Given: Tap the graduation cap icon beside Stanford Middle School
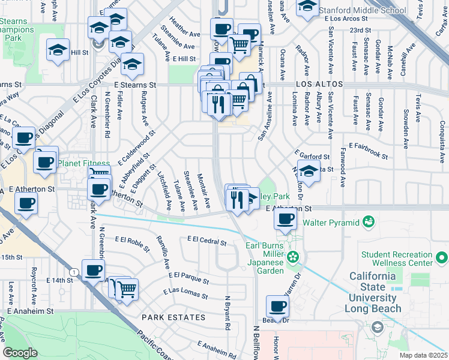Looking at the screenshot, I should pyautogui.click(x=308, y=7).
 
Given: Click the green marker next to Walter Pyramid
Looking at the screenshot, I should pyautogui.click(x=369, y=223).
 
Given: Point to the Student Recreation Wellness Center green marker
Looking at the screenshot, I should pyautogui.click(x=441, y=258).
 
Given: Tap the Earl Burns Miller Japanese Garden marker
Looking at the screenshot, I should pyautogui.click(x=293, y=258).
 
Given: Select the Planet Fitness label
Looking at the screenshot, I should pyautogui.click(x=83, y=163).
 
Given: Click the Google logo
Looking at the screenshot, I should pyautogui.click(x=20, y=352).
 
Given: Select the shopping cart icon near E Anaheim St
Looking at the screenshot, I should pyautogui.click(x=127, y=290).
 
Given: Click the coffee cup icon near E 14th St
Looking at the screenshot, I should pyautogui.click(x=92, y=271).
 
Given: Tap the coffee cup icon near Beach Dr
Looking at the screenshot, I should pyautogui.click(x=277, y=307).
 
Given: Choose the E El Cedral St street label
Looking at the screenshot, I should pyautogui.click(x=207, y=241).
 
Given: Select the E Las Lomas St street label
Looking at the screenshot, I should pyautogui.click(x=185, y=294).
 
